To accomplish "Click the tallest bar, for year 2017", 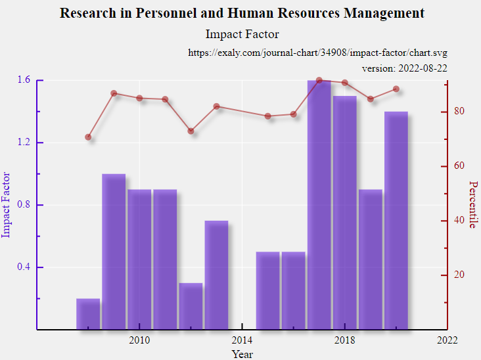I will [x=319, y=204].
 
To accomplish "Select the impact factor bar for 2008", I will [x=88, y=314].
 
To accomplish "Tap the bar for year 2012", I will [x=191, y=306].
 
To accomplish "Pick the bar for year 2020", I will [x=396, y=220].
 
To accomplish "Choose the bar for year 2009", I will [x=114, y=252].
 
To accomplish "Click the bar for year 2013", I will [x=216, y=275].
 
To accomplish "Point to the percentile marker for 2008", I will [x=88, y=137].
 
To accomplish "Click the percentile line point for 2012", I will [x=191, y=131].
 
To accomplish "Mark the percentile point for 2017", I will [x=319, y=80].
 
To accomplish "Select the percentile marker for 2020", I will [x=396, y=89].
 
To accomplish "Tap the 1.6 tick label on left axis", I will [x=24, y=80].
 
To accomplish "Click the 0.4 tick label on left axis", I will [x=24, y=267].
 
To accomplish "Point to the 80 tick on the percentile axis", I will [x=460, y=112].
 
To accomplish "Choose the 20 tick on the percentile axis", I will [x=460, y=275].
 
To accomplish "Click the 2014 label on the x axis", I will [x=242, y=340].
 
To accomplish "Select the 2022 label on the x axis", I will [x=447, y=340].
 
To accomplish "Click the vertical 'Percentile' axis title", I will [x=472, y=204].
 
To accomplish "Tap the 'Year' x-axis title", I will [x=242, y=354].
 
